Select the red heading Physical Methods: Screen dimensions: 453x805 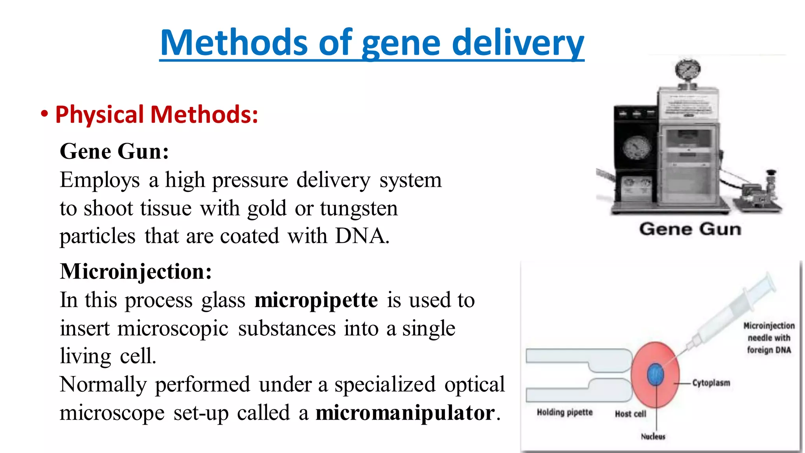[156, 114]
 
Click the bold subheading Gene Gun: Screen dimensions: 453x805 [114, 151]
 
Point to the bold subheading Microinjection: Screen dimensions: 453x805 [136, 271]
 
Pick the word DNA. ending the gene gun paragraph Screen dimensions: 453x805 [362, 236]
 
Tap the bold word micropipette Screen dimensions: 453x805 [316, 300]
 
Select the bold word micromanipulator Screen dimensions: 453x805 [405, 413]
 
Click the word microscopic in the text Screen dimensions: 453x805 [173, 328]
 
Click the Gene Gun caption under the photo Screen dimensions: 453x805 [690, 229]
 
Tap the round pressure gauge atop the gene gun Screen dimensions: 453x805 [687, 70]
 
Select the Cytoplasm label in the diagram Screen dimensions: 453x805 [711, 383]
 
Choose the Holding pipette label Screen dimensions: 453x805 [564, 412]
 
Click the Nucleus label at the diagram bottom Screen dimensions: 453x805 [653, 436]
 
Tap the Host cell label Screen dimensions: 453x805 [630, 414]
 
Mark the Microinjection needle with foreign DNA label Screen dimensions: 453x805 [769, 338]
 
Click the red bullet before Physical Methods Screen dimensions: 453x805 [44, 114]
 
